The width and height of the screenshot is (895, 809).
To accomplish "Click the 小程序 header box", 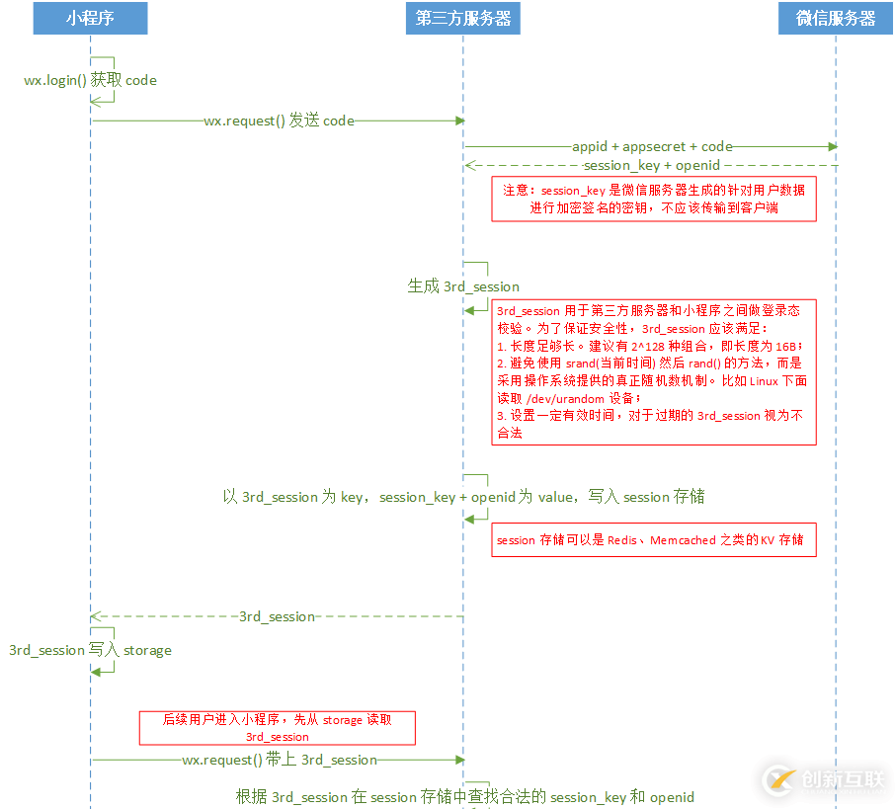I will click(90, 18).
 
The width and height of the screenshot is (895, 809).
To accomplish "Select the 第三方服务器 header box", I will click(462, 18).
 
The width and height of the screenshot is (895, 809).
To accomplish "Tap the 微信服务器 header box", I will click(836, 18).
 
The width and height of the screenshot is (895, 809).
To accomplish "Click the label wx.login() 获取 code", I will click(90, 80).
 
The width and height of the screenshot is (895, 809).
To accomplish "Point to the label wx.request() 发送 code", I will click(279, 121).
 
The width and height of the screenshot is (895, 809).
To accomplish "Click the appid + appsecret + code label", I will click(652, 146).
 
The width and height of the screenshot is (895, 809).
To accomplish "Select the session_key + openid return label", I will click(652, 165).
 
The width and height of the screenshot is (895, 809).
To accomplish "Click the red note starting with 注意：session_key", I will click(654, 199).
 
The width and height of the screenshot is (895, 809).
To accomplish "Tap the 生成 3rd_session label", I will click(463, 286).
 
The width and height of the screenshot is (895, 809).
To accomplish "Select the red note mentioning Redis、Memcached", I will click(654, 539).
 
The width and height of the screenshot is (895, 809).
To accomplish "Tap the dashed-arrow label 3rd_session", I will click(277, 616).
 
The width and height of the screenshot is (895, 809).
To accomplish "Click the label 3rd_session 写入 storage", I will click(90, 650).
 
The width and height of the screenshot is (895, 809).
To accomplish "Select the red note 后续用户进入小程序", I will click(277, 728).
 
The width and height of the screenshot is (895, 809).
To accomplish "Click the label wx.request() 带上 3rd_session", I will click(280, 760).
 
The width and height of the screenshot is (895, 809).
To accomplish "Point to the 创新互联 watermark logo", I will click(826, 779).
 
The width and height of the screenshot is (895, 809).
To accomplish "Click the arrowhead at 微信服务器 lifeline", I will click(833, 146).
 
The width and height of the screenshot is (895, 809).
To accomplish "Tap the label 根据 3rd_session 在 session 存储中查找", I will click(464, 797).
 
